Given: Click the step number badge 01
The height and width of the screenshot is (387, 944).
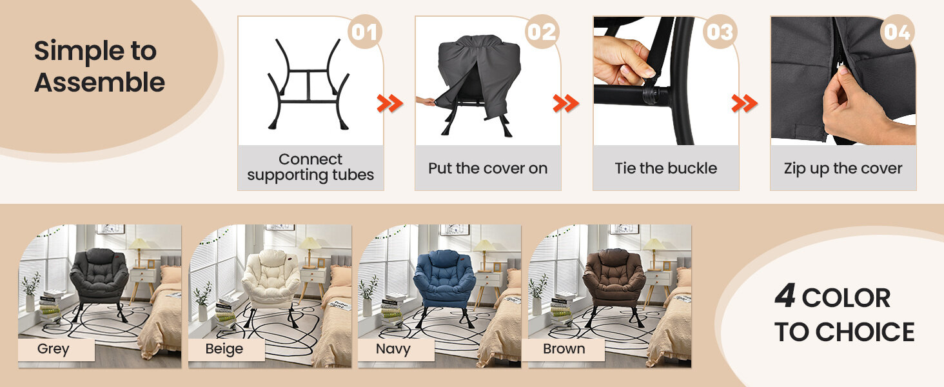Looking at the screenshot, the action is [364, 32].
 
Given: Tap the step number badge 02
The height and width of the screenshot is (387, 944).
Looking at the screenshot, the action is [542, 32].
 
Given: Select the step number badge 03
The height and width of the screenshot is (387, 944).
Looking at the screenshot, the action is [720, 32].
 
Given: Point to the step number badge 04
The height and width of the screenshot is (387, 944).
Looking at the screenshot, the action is [897, 32].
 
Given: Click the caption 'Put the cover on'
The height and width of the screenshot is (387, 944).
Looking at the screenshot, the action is [488, 168].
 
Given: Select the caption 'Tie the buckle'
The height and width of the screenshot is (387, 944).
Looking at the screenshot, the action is [666, 168].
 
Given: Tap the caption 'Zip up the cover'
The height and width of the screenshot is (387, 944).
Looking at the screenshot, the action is [843, 168].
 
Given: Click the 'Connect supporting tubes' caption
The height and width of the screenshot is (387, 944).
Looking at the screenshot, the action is [311, 167].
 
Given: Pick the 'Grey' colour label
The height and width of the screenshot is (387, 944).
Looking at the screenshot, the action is [53, 349].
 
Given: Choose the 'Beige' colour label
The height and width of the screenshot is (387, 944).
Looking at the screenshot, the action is [224, 349].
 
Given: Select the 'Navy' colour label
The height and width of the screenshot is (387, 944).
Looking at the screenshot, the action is [393, 349].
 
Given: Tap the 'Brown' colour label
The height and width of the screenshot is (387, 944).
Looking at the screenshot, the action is [564, 349].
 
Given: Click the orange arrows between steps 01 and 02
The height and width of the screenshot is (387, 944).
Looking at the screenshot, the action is [390, 104].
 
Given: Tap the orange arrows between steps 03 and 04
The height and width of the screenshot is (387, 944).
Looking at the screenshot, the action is [745, 104].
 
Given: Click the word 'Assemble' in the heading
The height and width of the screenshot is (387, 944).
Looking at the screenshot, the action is [100, 82].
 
